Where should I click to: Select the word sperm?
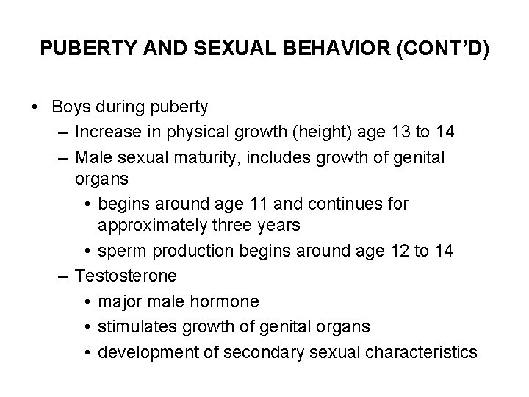click(121, 251)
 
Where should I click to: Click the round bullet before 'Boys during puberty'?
click(35, 107)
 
